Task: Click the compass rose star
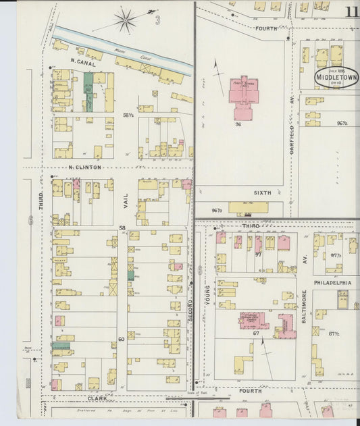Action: tap(125, 20)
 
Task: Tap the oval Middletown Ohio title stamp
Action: tap(336, 76)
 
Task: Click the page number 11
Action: tap(352, 11)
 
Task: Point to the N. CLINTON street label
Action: tap(84, 167)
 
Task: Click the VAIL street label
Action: tap(125, 196)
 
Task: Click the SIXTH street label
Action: tap(262, 192)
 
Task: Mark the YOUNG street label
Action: tap(207, 297)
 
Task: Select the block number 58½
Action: tap(128, 116)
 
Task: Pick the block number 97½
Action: tap(336, 256)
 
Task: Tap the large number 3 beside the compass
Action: tap(157, 20)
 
